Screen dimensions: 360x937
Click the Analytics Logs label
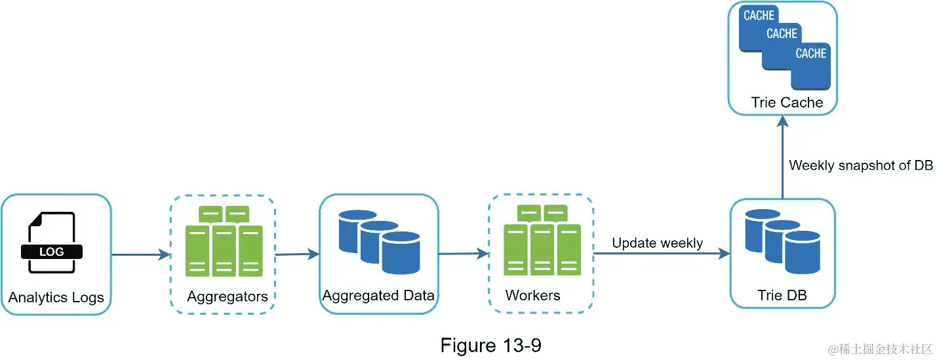pos(56,298)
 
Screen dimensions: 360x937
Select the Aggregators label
pos(228,296)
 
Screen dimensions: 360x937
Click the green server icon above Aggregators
pos(224,241)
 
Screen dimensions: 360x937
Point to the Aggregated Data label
pos(378,295)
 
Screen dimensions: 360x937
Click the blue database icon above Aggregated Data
pos(379,242)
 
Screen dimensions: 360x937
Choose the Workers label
pos(533,296)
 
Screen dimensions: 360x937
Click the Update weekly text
pos(657,243)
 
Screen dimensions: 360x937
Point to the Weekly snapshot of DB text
pos(861,165)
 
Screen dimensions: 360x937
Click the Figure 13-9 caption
pos(491,345)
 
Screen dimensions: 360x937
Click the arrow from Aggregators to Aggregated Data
pos(297,254)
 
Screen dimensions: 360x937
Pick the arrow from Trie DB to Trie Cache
pos(782,157)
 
